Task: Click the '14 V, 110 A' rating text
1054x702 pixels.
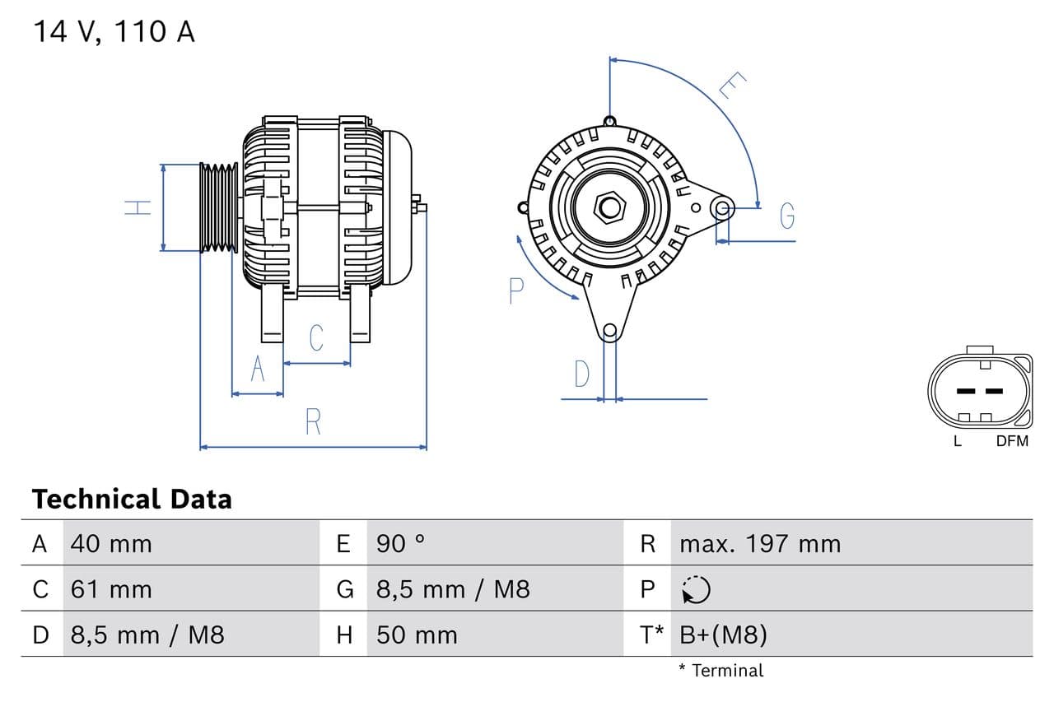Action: [x=114, y=32]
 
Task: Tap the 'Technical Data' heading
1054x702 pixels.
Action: [x=132, y=499]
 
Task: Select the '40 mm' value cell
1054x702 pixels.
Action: [x=111, y=543]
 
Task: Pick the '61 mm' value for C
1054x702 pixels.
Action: [x=111, y=589]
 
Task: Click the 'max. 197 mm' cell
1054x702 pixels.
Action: [x=760, y=543]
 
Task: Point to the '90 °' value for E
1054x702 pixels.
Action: [x=401, y=543]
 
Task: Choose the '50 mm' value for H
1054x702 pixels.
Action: [x=417, y=635]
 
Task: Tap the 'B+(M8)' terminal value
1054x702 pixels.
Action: [x=724, y=635]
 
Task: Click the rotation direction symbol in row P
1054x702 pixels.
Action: [x=696, y=589]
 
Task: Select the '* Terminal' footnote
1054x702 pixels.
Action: [x=721, y=670]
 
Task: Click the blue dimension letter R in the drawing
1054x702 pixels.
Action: [x=313, y=421]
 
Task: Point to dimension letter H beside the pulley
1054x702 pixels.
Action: [x=139, y=207]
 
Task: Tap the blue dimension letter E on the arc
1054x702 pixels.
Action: [x=732, y=86]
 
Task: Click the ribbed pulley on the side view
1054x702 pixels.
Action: [x=219, y=207]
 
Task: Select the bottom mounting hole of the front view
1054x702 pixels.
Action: [x=609, y=332]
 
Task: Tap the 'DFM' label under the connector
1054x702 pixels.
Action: [x=1012, y=441]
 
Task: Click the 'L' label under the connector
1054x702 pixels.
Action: [x=957, y=441]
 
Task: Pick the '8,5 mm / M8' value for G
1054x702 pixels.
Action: [x=453, y=589]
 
